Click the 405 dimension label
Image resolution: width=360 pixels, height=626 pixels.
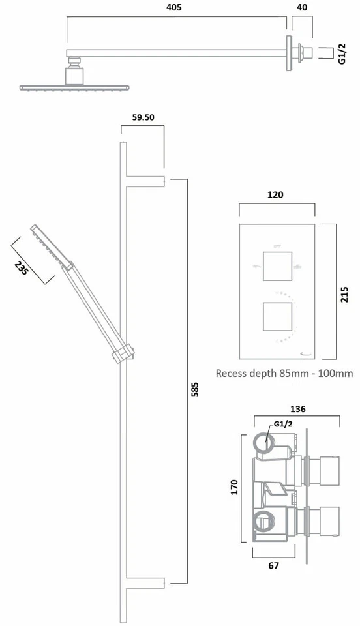pos(174,7)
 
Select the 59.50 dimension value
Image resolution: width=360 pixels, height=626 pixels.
pos(143,118)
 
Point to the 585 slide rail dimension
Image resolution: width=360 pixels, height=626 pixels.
pos(194,389)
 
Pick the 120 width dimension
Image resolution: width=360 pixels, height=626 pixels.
pos(276,194)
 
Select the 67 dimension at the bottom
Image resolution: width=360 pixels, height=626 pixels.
pos(273,565)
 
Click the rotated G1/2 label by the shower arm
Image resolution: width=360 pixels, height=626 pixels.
pos(342,52)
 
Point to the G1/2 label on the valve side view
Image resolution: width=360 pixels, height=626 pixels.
pos(282,424)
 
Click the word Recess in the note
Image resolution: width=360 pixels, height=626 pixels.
pos(233,374)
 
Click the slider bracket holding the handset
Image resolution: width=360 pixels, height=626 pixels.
pos(124,353)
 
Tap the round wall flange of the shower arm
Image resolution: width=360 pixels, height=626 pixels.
pos(288,52)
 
